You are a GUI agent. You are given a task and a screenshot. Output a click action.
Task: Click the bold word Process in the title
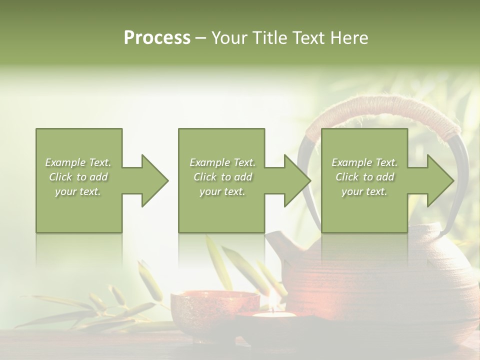pyautogui.click(x=157, y=38)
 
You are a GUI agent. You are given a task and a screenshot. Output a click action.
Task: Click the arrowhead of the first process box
pyautogui.click(x=155, y=180)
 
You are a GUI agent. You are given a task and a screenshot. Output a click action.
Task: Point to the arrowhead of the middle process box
pyautogui.click(x=297, y=180)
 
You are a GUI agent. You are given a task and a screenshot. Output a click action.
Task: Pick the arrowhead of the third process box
pyautogui.click(x=440, y=180)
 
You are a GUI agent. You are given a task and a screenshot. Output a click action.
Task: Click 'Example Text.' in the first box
pyautogui.click(x=78, y=162)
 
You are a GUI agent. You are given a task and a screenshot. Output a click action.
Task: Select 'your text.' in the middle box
pyautogui.click(x=222, y=191)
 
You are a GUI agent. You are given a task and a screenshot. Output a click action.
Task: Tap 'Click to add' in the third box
pyautogui.click(x=364, y=177)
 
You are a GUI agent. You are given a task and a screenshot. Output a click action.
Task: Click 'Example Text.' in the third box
pyautogui.click(x=364, y=162)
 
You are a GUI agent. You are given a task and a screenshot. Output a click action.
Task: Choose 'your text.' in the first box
pyautogui.click(x=78, y=191)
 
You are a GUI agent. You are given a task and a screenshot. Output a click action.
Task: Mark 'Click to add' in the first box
pyautogui.click(x=78, y=177)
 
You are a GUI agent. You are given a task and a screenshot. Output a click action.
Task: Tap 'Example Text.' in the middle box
pyautogui.click(x=222, y=162)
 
